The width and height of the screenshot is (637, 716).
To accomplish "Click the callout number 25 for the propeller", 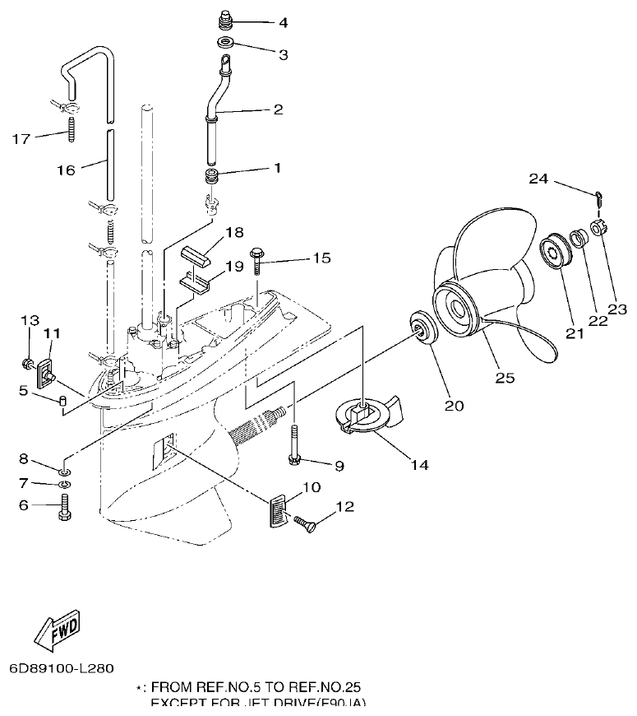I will [505, 378].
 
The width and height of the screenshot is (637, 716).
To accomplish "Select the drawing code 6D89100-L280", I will [62, 667].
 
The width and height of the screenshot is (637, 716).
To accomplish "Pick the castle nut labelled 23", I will [599, 225].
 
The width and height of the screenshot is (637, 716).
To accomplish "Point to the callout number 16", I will [67, 170].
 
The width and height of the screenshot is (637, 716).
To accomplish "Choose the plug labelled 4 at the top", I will [225, 18].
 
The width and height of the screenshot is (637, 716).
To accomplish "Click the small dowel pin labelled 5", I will [62, 400].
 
